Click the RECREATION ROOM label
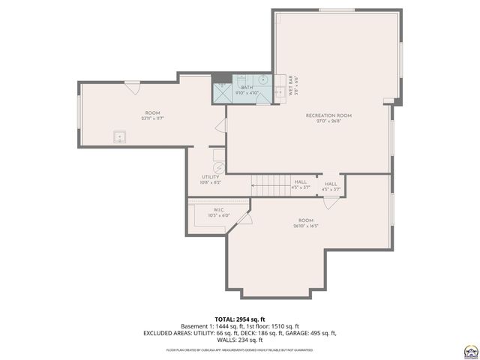[328, 115]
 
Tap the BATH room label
[247, 88]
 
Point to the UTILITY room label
[210, 177]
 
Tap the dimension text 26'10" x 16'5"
[305, 226]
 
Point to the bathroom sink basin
[264, 79]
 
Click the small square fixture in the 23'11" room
[119, 136]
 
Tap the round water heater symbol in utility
[219, 169]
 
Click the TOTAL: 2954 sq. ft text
[239, 318]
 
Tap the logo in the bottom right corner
[469, 350]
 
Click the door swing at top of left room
[132, 87]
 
